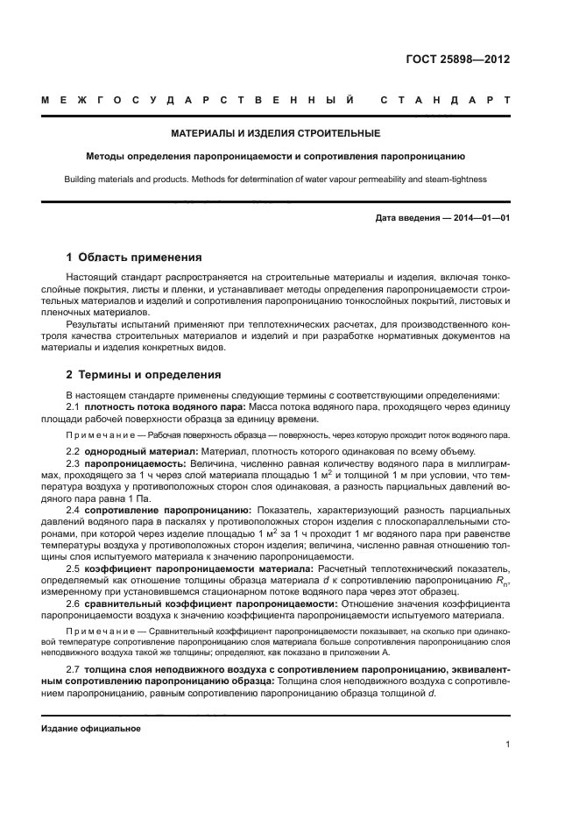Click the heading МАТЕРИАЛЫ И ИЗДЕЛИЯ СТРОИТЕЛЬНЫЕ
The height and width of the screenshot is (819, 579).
275,134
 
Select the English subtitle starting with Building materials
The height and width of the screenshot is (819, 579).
275,179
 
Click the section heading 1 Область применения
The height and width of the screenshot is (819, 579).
134,258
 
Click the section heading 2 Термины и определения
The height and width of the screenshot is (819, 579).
144,375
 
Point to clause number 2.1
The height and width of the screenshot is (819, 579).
74,407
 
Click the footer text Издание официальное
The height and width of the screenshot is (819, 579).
91,729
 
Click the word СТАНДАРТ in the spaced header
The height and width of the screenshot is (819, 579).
445,101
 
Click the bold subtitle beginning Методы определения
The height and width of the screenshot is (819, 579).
275,157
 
